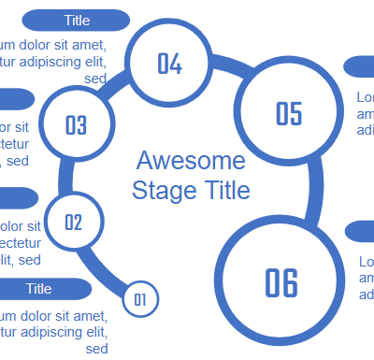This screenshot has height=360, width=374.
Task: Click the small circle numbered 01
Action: pos(140,299)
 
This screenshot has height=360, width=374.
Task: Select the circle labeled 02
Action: pos(74,223)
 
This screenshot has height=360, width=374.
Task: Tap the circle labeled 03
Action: pos(76,125)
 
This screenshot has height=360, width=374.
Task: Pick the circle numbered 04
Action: pos(169,64)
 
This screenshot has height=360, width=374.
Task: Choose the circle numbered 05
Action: pos(289,113)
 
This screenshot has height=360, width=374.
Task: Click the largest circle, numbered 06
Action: pos(280,281)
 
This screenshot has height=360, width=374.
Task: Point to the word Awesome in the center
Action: pos(191,160)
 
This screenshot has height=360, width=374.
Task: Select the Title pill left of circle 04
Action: pos(77,20)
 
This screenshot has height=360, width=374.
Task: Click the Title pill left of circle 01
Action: pos(39,289)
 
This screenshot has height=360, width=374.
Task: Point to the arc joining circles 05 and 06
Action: pos(313,192)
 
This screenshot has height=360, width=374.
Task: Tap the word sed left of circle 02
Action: pos(30,259)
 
